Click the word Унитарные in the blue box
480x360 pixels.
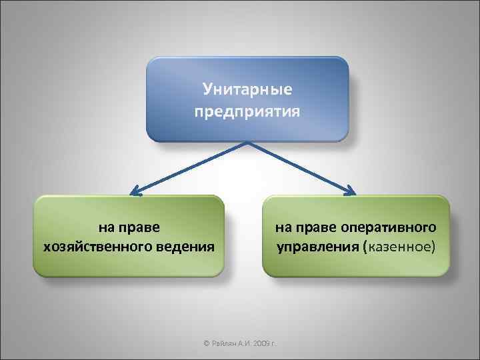point(247,88)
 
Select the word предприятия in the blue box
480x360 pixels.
point(247,109)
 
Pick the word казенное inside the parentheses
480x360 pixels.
point(398,247)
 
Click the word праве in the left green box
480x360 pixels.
point(139,227)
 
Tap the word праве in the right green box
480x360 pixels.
point(315,227)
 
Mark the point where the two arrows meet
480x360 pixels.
point(247,142)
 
